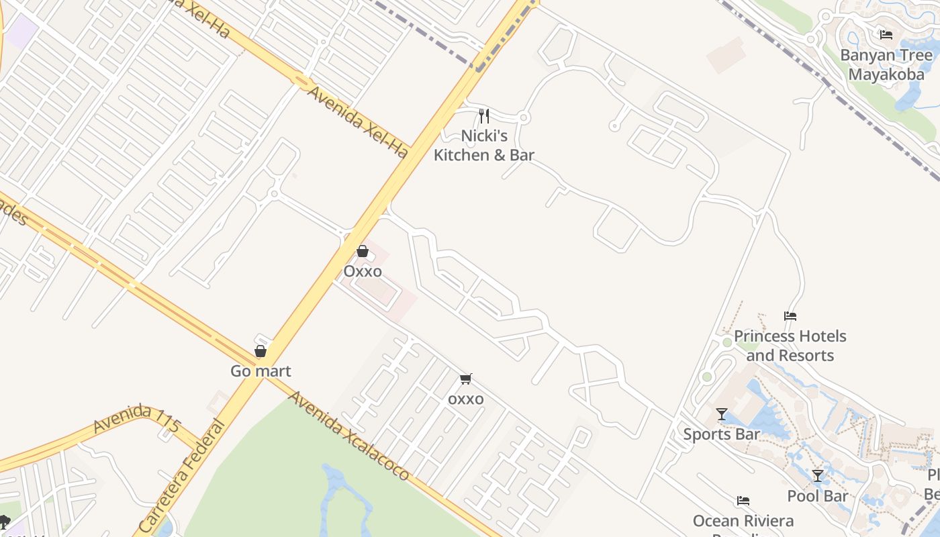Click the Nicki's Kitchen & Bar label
point(483,146)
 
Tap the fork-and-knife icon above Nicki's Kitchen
point(483,116)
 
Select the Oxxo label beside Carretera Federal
point(363,271)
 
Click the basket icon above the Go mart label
point(261,350)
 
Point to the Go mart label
point(261,371)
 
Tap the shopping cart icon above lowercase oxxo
point(466,379)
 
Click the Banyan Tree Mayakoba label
point(886,64)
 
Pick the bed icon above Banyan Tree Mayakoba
point(886,34)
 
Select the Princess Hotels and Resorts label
point(790,345)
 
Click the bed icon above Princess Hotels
point(790,316)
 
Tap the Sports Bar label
point(721,434)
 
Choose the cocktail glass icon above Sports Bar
point(722,414)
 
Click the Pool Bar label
point(818,496)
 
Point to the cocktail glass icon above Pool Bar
point(818,476)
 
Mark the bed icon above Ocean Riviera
point(743,501)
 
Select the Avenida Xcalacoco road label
point(348,435)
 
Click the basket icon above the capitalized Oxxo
point(363,251)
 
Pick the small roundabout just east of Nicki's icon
point(524,118)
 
